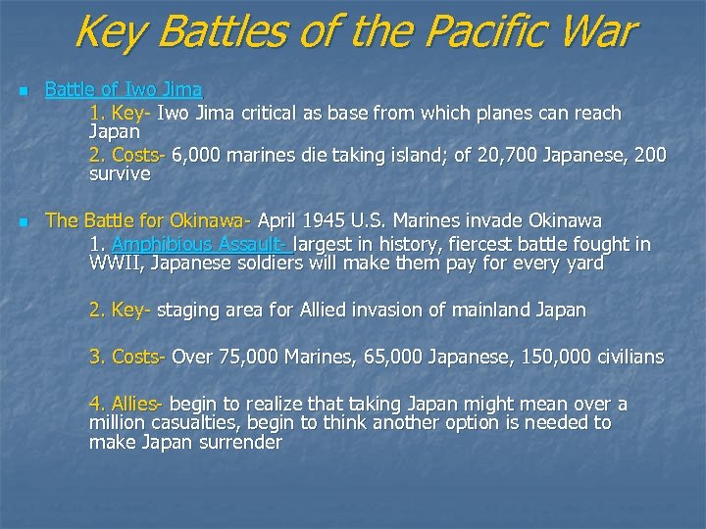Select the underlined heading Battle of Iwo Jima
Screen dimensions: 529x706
pyautogui.click(x=124, y=90)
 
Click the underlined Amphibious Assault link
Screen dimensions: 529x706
pyautogui.click(x=203, y=243)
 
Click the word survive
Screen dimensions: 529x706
pyautogui.click(x=120, y=174)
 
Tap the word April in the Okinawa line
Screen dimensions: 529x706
pyautogui.click(x=281, y=219)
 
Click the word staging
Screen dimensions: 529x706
pyautogui.click(x=190, y=310)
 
